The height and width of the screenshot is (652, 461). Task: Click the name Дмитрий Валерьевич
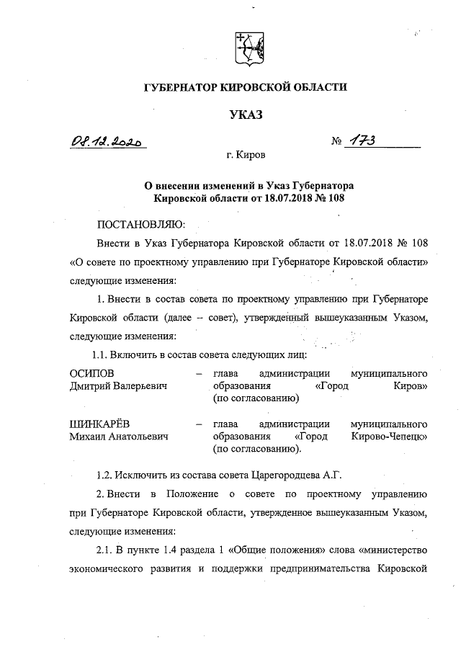(118, 386)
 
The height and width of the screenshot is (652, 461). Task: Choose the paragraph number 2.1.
(105, 550)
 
